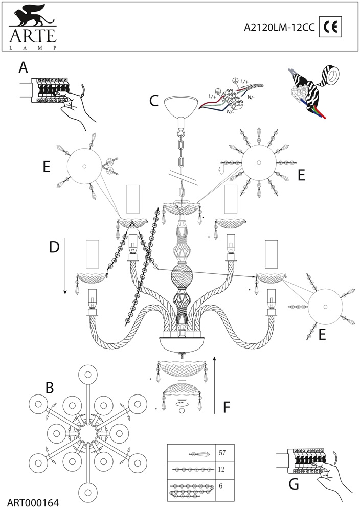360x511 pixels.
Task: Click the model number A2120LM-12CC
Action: point(279,28)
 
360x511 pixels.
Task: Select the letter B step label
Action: point(49,387)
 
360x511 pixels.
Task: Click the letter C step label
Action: point(153,100)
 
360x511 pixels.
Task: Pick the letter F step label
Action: point(228,407)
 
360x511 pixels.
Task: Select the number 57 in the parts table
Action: point(222,453)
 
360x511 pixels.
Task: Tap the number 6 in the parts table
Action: point(220,486)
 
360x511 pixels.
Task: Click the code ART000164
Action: point(33,502)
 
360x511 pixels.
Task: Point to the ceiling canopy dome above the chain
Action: point(182,105)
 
